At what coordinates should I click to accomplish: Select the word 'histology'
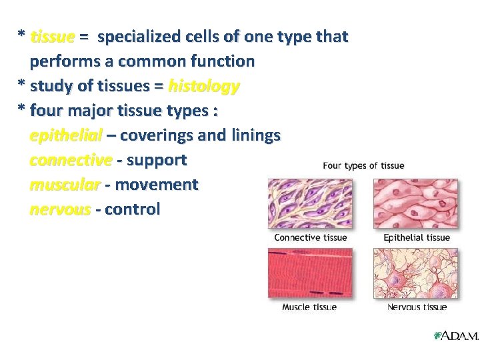click(204, 86)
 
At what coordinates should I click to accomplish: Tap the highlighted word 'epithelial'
click(65, 135)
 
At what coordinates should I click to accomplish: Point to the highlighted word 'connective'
click(71, 160)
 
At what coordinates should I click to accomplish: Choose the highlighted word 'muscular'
click(65, 185)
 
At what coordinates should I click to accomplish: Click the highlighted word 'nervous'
click(60, 209)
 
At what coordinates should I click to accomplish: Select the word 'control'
click(132, 209)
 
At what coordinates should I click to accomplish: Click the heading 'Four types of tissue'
click(363, 165)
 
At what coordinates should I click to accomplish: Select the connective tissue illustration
click(310, 203)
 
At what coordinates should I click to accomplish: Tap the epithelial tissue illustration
click(415, 203)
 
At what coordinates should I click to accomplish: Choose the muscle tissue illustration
click(310, 273)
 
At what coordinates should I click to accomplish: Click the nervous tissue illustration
click(415, 273)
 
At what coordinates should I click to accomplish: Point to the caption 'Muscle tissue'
click(309, 307)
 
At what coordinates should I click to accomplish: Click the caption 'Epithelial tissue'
click(417, 237)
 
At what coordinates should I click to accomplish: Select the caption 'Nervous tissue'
click(417, 307)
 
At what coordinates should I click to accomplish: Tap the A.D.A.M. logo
click(456, 336)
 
